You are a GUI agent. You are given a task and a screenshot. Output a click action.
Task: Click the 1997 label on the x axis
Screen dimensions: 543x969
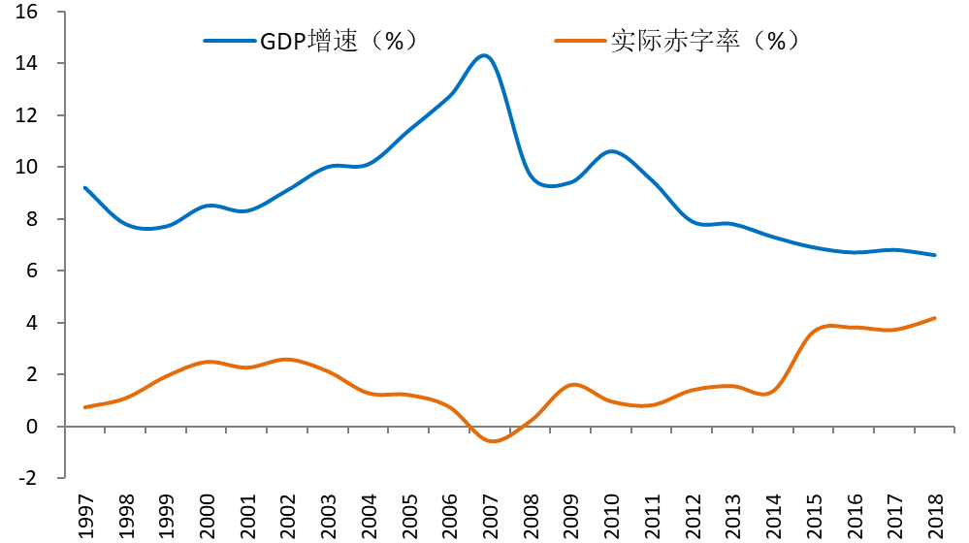pos(85,514)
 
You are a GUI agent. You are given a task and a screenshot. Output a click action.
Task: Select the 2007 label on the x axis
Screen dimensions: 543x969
pos(489,514)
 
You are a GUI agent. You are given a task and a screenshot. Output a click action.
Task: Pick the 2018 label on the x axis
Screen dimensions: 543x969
pos(933,514)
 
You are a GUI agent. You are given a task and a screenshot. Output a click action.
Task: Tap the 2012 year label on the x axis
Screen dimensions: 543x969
pos(691,514)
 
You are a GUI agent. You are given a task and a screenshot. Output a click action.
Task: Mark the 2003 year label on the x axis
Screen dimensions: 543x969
pos(328,514)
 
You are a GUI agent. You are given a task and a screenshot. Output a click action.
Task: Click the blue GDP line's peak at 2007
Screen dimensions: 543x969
pos(485,55)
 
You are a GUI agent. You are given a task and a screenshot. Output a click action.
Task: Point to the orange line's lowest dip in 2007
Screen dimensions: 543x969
pos(493,441)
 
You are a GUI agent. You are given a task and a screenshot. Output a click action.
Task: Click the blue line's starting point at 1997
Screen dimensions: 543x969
pos(85,188)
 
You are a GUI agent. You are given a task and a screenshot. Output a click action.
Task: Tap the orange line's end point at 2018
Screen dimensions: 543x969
pos(933,318)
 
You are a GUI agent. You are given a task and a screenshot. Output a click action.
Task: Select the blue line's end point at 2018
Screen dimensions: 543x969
pos(933,255)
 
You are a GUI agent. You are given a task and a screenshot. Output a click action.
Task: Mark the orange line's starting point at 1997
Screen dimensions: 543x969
pos(85,407)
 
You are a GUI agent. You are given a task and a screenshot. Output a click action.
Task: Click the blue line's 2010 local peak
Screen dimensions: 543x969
pos(610,151)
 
